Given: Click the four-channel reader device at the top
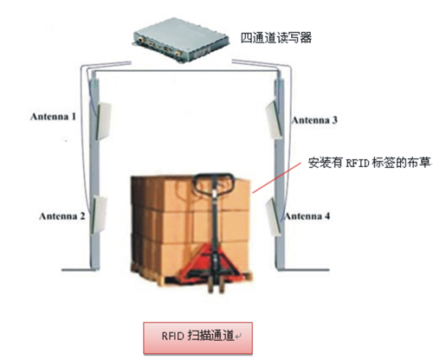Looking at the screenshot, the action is pos(181,40).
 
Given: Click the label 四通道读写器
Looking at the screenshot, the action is pos(276,38).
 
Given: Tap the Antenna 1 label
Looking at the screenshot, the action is pos(53,117).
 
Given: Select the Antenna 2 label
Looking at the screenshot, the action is pos(62,216).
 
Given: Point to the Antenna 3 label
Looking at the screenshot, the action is pos(314,120).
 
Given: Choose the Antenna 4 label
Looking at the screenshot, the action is pos(307,216).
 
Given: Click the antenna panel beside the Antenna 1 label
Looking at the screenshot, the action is pos(104,121).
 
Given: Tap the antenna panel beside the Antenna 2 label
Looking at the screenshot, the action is pos(100,215).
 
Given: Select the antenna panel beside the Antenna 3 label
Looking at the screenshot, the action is pos(273,119).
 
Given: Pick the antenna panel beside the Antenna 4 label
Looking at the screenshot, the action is pos(274,216).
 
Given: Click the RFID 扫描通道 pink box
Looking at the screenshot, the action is pos(198,337).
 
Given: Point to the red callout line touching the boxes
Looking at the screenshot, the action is pos(276,177).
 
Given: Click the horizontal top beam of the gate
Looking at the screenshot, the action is pos(186,71).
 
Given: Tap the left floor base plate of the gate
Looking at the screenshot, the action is pos(81,270).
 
